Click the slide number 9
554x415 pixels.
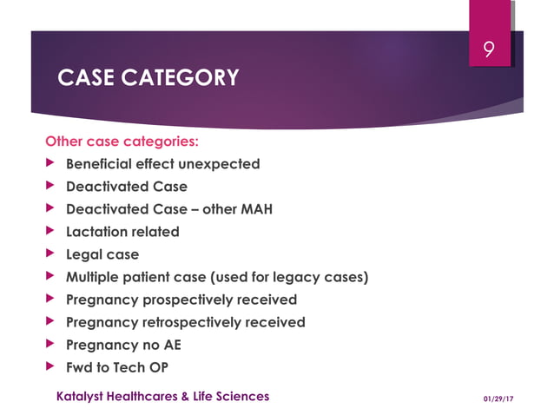pos(489,51)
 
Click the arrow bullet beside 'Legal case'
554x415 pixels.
pos(49,254)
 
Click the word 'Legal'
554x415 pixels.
pos(87,254)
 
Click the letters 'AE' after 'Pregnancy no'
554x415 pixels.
pos(172,345)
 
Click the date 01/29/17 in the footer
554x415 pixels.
pos(498,398)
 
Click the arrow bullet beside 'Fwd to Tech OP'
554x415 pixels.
pos(49,367)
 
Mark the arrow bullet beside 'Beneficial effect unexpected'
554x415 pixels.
pos(49,164)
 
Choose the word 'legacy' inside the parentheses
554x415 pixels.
pos(302,277)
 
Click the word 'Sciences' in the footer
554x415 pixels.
pos(242,396)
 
